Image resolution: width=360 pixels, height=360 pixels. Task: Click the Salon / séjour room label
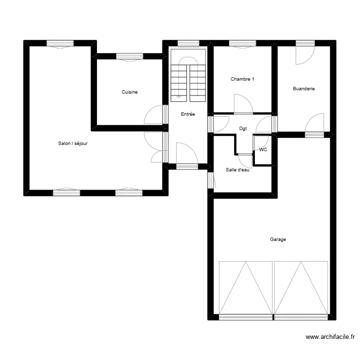coord(72,143)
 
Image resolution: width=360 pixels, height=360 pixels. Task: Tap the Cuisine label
coord(130,92)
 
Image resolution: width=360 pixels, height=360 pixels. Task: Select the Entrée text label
coord(188,114)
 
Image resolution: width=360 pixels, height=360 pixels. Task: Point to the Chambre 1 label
coord(242,79)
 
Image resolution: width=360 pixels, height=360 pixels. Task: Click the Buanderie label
coord(304,89)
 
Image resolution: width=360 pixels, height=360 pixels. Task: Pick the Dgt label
coord(243,129)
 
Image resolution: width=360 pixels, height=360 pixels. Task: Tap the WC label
coord(263,150)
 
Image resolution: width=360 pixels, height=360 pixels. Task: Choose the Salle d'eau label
coord(238,170)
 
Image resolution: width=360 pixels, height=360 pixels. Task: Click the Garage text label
coord(278,239)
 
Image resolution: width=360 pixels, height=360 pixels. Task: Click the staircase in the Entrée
coord(188,77)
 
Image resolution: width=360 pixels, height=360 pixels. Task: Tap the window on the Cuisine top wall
coord(130,57)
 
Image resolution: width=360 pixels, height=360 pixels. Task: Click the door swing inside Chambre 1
coord(242,105)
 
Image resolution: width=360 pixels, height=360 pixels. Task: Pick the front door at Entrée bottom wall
coord(187,156)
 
